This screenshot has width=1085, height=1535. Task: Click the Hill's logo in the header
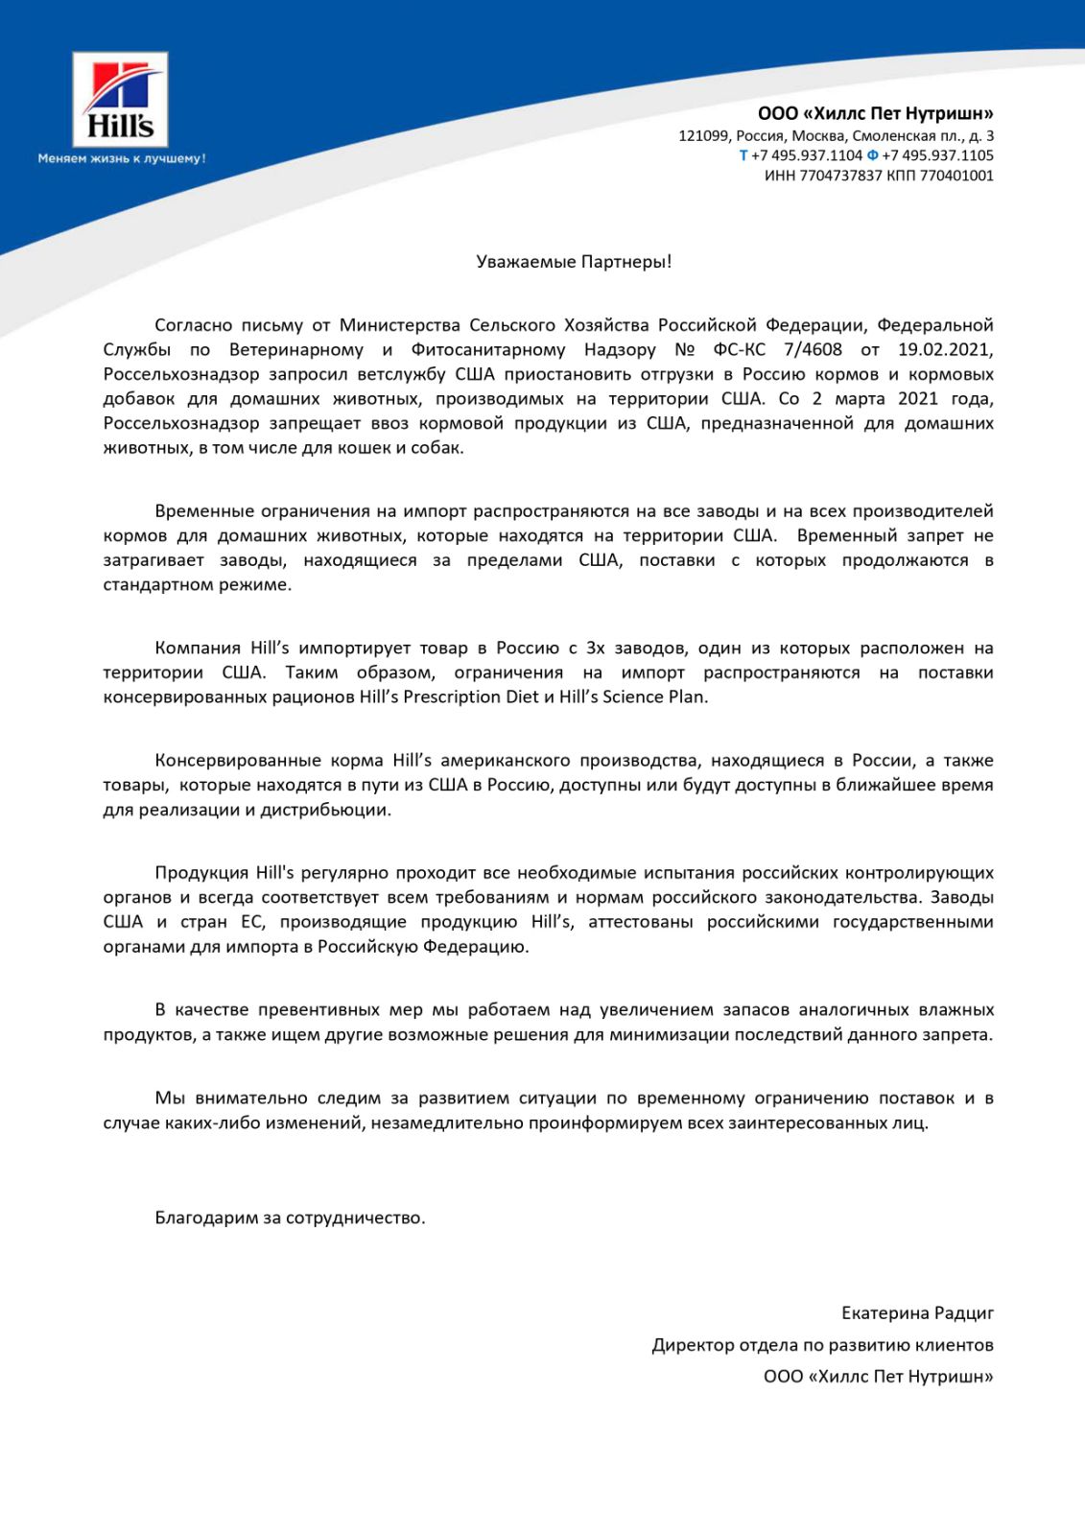pos(121,100)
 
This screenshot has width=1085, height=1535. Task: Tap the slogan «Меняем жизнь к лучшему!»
pos(122,158)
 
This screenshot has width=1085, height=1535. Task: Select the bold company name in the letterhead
pos(875,113)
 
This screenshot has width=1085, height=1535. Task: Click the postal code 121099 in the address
pos(703,135)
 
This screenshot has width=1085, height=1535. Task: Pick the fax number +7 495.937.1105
pos(937,155)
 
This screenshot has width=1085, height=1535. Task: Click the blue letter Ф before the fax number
pos(872,155)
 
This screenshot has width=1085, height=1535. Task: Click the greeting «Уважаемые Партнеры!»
pos(574,262)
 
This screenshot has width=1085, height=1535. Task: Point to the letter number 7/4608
pos(813,349)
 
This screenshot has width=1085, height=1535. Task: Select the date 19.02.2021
pos(945,349)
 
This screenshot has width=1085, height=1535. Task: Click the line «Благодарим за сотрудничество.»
pos(290,1218)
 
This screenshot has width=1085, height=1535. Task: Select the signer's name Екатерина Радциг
pos(917,1313)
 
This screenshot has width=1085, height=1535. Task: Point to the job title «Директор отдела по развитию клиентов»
pos(822,1345)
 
